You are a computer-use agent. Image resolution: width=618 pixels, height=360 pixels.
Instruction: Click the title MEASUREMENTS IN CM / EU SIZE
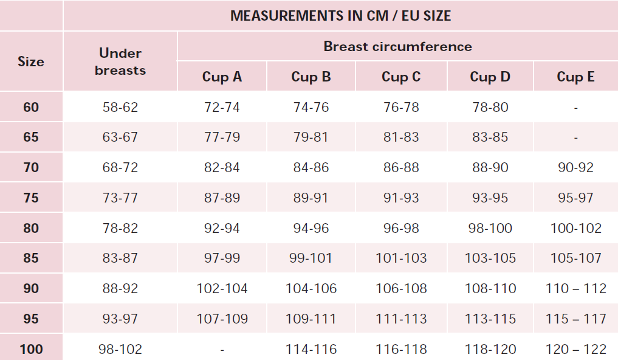pos(340,16)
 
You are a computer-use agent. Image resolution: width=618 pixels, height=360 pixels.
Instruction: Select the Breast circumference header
pos(397,47)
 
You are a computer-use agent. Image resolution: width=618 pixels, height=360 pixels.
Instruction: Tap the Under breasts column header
pos(120,61)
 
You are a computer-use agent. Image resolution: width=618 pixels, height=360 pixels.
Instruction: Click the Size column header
pos(31,61)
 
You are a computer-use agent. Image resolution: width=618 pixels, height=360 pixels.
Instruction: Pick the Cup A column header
pos(222,77)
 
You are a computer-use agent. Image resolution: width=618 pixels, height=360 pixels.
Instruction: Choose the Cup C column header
pos(401,77)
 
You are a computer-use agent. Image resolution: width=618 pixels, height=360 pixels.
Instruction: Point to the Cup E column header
pos(575,77)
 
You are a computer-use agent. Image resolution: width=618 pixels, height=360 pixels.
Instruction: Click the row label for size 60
pos(31,107)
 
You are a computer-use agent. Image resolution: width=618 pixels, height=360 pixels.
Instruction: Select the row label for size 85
pos(31,258)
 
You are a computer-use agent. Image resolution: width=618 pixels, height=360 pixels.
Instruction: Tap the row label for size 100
pos(31,349)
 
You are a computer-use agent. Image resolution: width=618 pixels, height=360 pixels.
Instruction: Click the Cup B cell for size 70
pos(311,168)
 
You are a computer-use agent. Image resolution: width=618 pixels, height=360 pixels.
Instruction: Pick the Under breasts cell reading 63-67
pos(120,137)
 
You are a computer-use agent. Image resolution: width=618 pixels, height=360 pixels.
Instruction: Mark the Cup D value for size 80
pos(490,228)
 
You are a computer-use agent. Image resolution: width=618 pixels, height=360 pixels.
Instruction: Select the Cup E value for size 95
pos(576,319)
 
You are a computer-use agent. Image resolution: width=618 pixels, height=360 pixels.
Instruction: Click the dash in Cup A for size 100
pos(222,350)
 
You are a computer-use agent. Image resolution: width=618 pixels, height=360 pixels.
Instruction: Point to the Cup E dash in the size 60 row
pos(576,108)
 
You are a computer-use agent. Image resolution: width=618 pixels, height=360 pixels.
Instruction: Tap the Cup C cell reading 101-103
pos(401,258)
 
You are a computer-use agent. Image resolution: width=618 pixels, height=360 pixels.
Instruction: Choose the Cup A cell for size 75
pos(222,198)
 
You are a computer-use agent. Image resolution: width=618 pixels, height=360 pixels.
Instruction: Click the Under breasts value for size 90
pos(120,289)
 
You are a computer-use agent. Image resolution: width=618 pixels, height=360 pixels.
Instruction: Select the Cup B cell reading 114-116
pos(311,349)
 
